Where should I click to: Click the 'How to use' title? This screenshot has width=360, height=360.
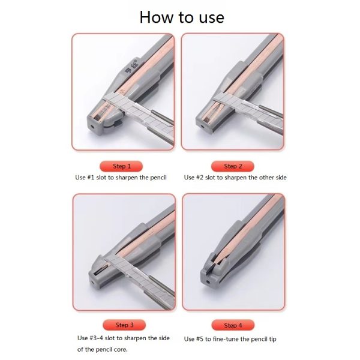point(182,17)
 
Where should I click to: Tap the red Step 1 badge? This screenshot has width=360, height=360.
point(121,166)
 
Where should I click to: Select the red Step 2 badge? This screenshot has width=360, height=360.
point(233,166)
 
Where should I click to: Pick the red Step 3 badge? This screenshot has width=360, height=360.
point(124,325)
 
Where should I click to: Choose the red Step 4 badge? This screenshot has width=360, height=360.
point(233,325)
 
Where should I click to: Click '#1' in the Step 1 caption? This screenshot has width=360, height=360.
point(91,178)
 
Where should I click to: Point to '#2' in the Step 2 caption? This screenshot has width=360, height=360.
point(200,178)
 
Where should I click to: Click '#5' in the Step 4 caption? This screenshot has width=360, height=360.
point(200,339)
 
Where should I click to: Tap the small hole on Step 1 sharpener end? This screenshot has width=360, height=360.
point(92,126)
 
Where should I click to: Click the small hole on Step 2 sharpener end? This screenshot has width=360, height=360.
point(202,126)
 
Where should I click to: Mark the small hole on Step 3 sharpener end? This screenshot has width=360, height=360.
point(93,282)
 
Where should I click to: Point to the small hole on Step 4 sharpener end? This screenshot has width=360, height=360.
point(208,281)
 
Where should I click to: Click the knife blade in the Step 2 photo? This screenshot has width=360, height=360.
point(247,108)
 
